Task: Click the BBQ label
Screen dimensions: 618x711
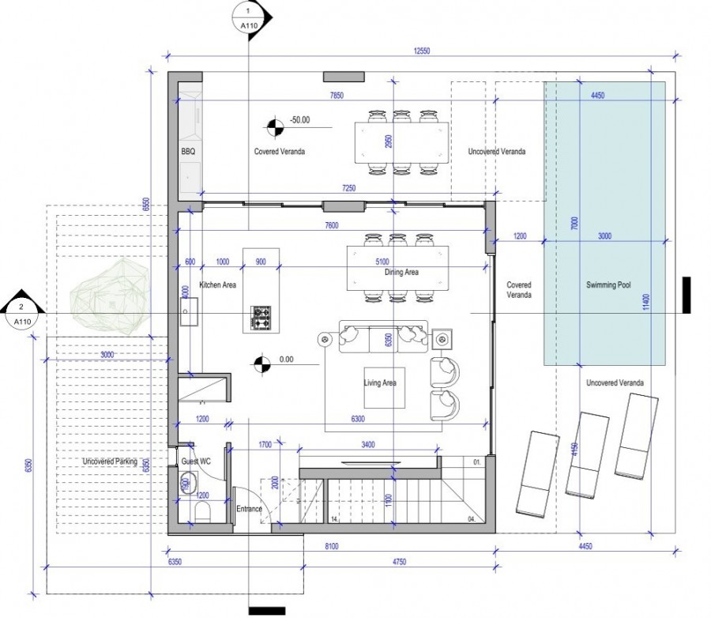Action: pos(188,150)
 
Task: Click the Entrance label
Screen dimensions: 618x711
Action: pos(249,510)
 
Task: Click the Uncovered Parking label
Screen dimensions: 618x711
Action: pos(109,462)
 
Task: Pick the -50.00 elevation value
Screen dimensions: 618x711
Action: pos(299,121)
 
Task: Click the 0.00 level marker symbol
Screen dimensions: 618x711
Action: pos(260,364)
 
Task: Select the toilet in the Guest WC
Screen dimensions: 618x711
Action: pos(201,514)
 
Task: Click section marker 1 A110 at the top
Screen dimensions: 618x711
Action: pos(250,18)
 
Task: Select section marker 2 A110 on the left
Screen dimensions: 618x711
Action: pos(22,314)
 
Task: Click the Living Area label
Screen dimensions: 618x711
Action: pos(380,383)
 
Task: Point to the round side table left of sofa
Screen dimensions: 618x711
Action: pos(324,340)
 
